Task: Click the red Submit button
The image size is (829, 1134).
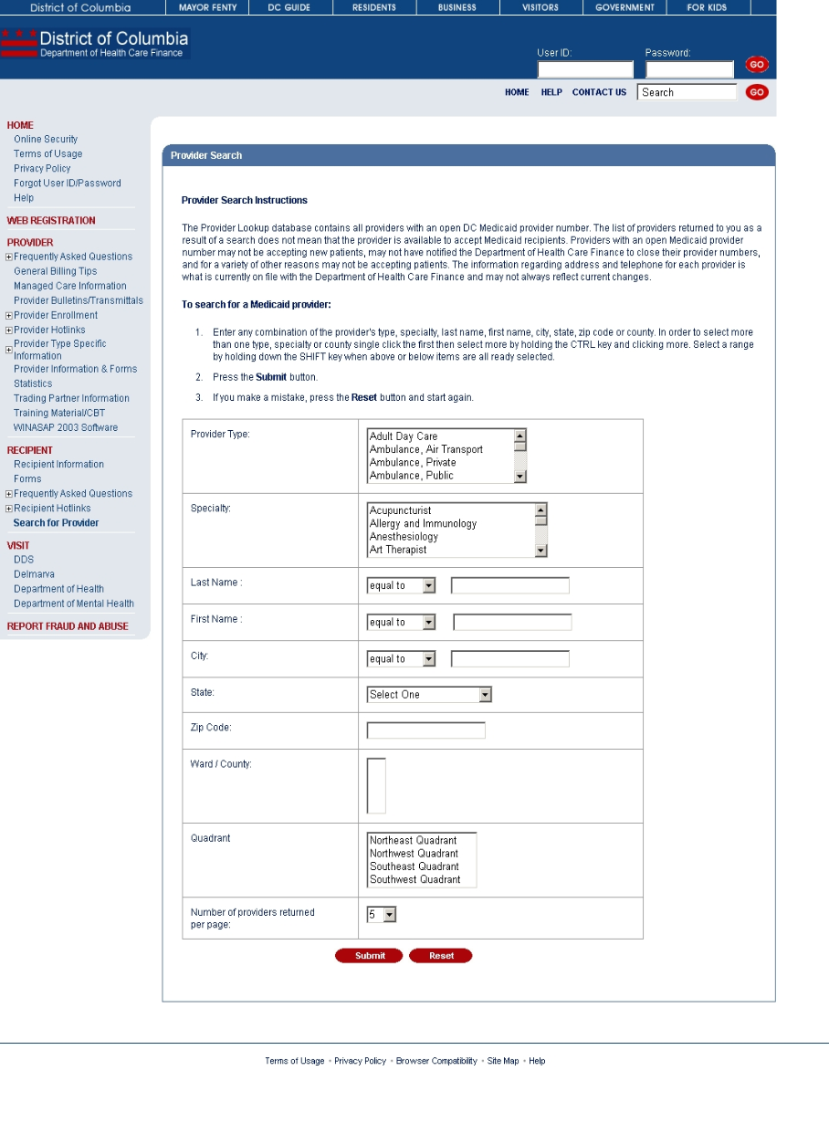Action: coord(371,956)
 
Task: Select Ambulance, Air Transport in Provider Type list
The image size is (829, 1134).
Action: coord(425,449)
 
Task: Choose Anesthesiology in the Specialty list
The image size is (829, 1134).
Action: coord(404,537)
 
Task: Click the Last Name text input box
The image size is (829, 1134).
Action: coord(509,585)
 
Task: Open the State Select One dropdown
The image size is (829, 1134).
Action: coord(429,695)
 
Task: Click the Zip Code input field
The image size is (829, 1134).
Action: coord(425,730)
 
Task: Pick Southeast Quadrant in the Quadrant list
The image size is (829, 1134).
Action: coord(414,866)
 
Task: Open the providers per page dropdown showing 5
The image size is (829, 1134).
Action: coord(382,914)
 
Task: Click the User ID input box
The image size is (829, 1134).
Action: coord(584,69)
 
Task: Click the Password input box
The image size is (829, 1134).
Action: coord(689,69)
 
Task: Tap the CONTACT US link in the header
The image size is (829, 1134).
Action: coord(599,92)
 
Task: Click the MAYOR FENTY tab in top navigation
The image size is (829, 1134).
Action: coord(207,7)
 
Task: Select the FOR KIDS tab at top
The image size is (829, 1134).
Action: coord(707,7)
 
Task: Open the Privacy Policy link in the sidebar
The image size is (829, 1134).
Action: coord(42,169)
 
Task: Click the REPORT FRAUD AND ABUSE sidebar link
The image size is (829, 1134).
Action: coord(68,626)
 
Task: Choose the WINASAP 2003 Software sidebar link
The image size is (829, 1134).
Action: coord(66,427)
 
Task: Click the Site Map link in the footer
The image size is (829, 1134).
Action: coord(503,1061)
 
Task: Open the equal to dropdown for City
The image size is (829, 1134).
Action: coord(401,659)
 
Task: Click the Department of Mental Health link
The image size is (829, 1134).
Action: coord(74,604)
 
